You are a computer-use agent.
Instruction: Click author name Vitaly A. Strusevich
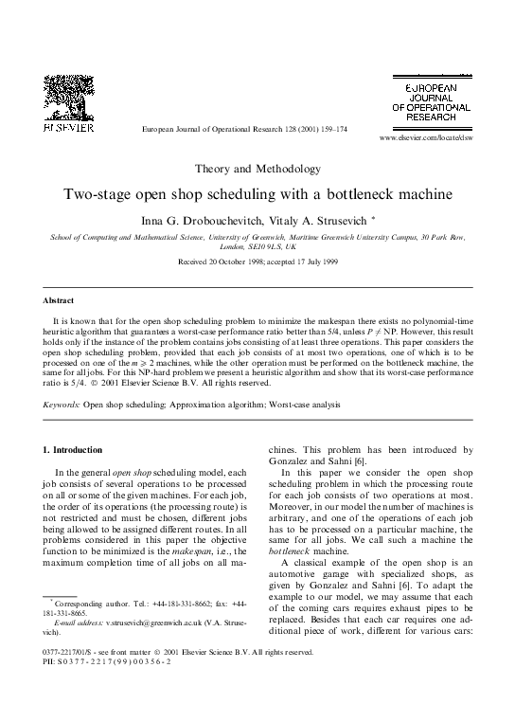click(x=318, y=221)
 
